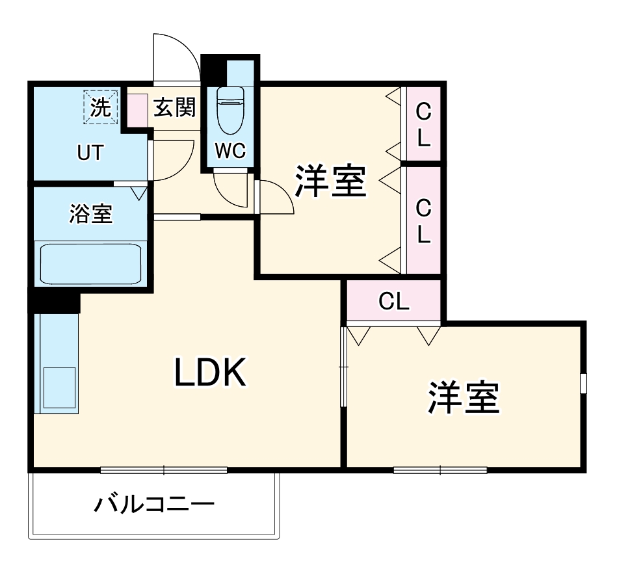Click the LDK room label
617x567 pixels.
click(x=210, y=373)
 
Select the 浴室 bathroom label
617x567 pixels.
click(x=90, y=213)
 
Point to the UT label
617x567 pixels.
click(x=90, y=153)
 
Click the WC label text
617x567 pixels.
click(x=230, y=152)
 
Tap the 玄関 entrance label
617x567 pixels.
click(x=174, y=107)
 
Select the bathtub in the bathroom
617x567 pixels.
click(x=91, y=263)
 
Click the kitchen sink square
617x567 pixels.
click(x=59, y=388)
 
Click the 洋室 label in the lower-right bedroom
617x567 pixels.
click(x=463, y=398)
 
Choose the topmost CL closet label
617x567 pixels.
click(x=423, y=125)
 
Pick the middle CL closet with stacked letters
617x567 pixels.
click(x=423, y=221)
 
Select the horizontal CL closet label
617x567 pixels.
click(x=393, y=301)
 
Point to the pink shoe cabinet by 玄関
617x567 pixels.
click(x=137, y=109)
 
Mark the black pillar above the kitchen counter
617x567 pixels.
click(x=53, y=301)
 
